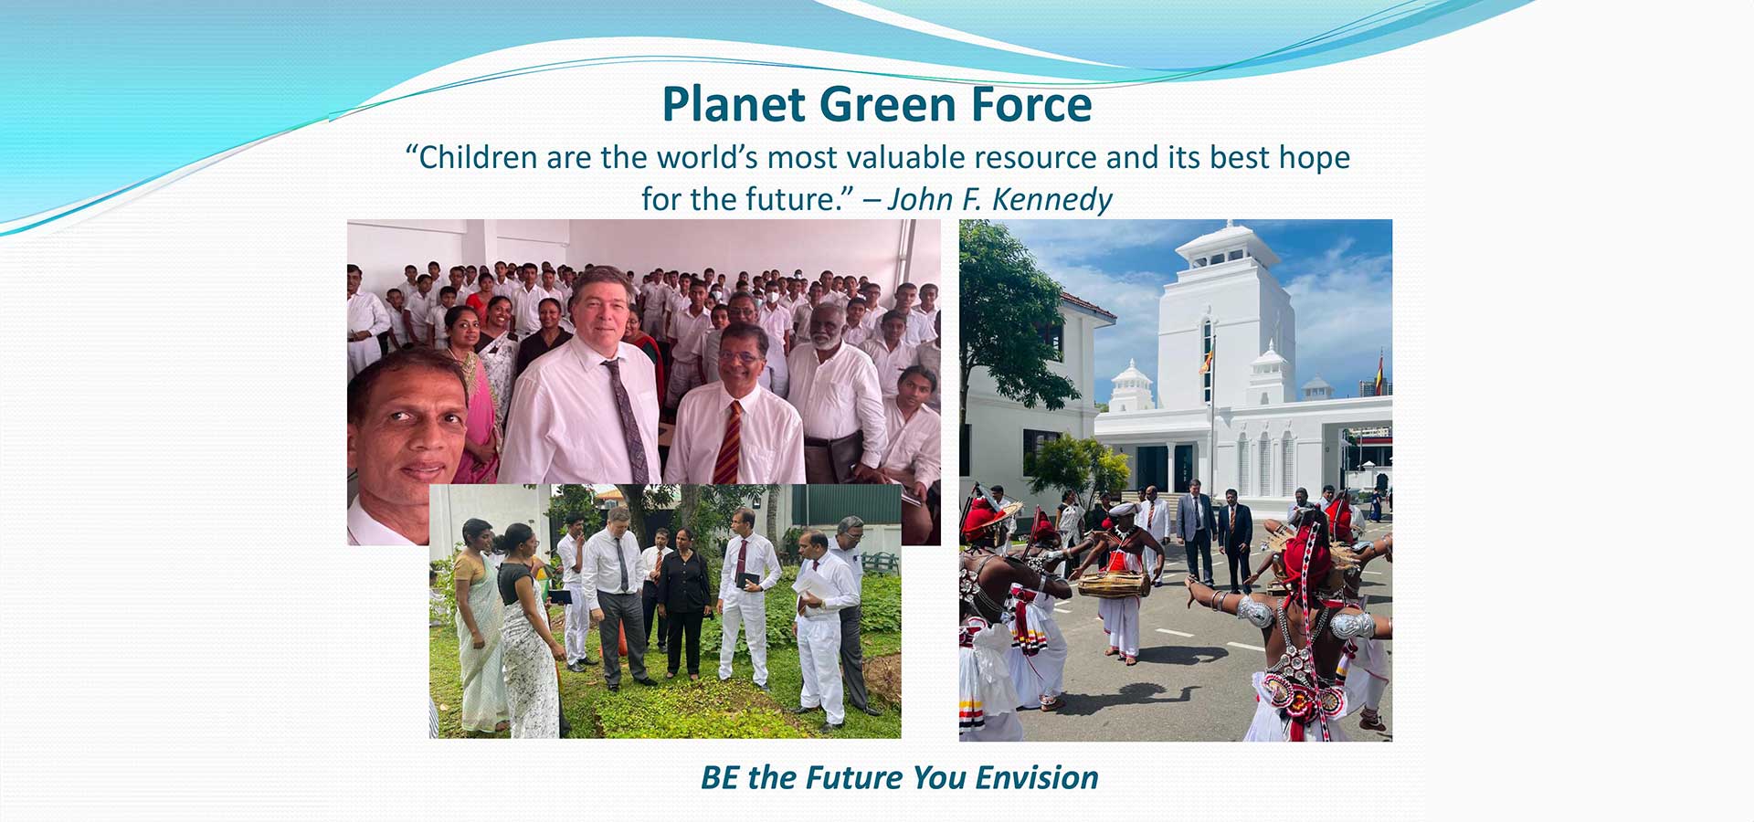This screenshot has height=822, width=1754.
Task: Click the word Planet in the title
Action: (734, 104)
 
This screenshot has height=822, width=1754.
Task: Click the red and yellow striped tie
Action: (728, 442)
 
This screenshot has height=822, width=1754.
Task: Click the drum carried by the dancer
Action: (1113, 584)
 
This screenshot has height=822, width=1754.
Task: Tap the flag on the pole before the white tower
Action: (1208, 357)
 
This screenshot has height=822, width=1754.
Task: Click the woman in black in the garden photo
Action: (683, 602)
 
